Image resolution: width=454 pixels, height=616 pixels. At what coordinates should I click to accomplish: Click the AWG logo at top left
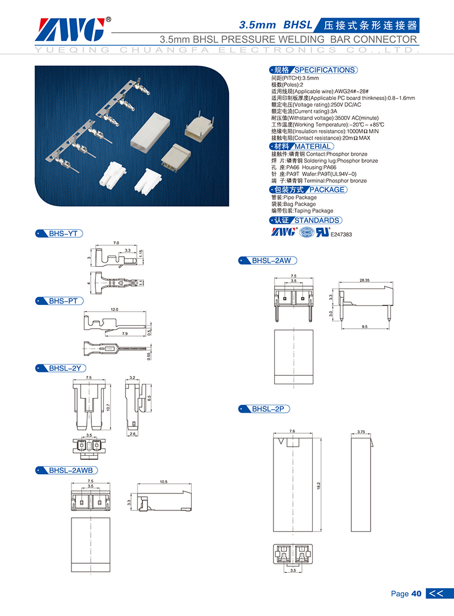click(x=73, y=30)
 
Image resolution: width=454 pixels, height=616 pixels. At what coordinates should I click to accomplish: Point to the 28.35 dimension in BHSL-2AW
click(x=364, y=280)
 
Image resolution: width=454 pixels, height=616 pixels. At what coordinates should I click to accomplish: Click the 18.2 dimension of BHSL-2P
click(x=318, y=485)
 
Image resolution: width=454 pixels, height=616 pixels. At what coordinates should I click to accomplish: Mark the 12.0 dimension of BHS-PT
click(x=114, y=309)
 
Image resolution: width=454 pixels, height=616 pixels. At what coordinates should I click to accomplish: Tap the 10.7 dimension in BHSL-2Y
click(x=108, y=407)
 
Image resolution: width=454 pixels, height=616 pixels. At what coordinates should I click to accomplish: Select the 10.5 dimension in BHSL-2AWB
click(x=164, y=481)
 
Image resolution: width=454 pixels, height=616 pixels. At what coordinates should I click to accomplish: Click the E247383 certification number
click(x=341, y=234)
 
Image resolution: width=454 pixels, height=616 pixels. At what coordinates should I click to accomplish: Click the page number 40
click(x=417, y=594)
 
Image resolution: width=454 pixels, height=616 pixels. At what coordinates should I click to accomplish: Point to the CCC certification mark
click(x=306, y=232)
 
